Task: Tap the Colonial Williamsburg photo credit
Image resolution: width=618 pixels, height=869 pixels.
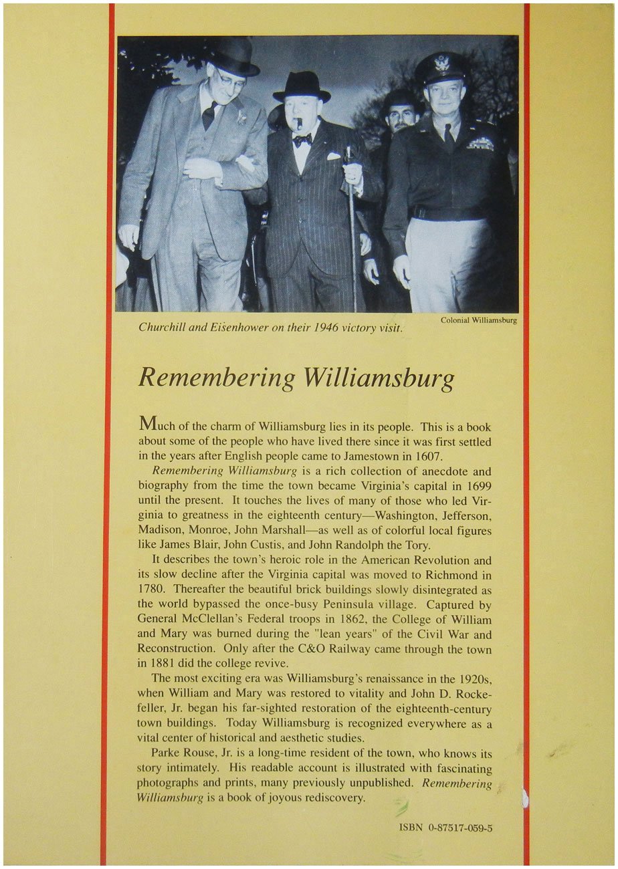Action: click(479, 320)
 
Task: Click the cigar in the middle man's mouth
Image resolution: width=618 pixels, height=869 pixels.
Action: click(300, 124)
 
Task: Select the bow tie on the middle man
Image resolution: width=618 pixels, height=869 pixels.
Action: click(302, 140)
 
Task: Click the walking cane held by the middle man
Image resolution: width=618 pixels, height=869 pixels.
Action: click(352, 227)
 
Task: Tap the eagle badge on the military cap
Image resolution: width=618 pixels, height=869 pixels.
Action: click(442, 64)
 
